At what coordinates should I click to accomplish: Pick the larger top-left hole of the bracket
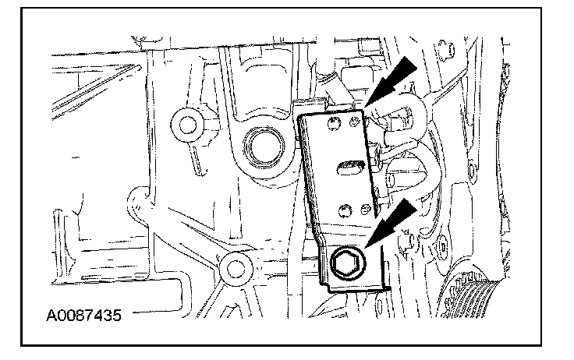click(x=335, y=124)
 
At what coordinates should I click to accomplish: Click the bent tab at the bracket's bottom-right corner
click(x=382, y=286)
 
